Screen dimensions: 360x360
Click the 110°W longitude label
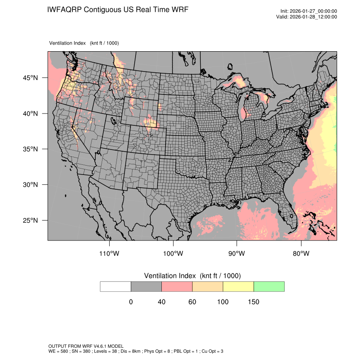click(x=110, y=254)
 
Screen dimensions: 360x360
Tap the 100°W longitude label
click(x=173, y=254)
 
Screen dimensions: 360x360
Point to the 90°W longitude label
click(x=237, y=254)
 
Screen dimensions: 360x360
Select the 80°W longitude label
click(x=301, y=254)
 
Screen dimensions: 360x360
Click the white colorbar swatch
click(x=116, y=286)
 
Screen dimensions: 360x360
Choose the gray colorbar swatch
click(x=146, y=286)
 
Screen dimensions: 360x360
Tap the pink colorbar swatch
click(x=177, y=286)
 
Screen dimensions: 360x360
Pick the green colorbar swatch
click(x=269, y=286)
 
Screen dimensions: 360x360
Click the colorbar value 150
click(x=253, y=302)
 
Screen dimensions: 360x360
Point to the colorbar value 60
click(x=192, y=302)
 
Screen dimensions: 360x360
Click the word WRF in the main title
click(x=180, y=9)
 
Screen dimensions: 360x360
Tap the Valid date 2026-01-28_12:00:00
click(x=313, y=17)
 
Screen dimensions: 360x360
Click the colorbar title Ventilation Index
click(x=171, y=276)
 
